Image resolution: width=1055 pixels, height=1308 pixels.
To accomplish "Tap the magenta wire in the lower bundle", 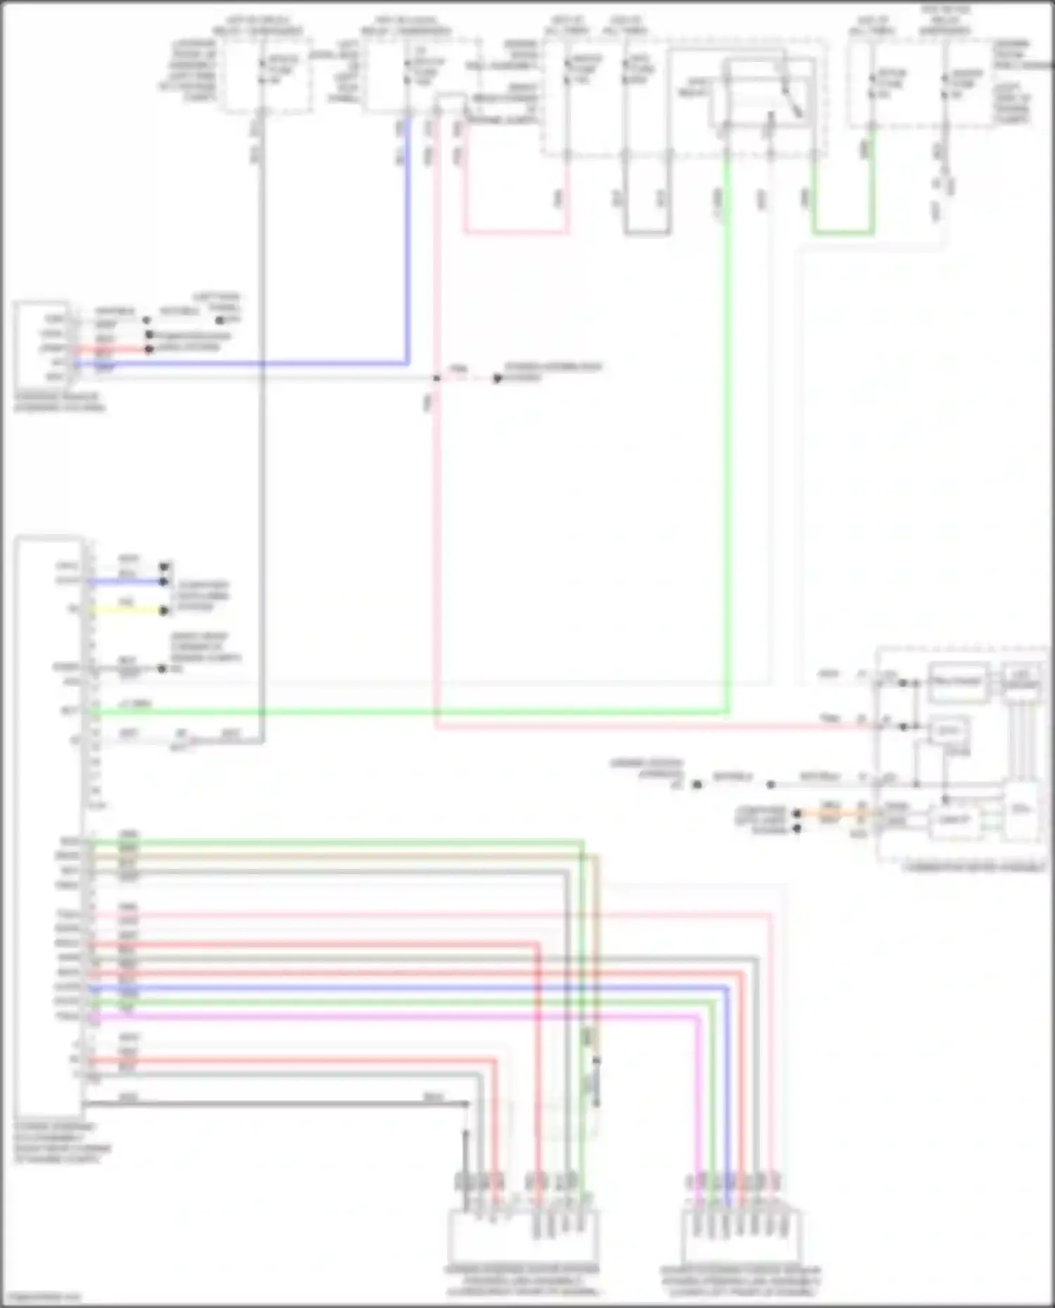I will click(394, 1016).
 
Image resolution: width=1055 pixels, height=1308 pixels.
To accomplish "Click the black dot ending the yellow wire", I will click(164, 611).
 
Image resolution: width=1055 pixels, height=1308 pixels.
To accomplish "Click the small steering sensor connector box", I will click(41, 344).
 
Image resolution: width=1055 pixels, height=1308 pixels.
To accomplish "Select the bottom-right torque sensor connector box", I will click(741, 1236).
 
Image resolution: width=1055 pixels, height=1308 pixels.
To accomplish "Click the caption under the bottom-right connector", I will click(740, 1281).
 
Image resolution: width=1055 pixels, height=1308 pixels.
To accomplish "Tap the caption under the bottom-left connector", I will click(522, 1281).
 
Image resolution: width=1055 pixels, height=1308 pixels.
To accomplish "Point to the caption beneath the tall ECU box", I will click(62, 1143).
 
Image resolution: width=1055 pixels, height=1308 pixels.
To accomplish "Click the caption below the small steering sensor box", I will click(59, 402).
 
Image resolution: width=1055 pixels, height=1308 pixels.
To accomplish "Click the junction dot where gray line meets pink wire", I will click(437, 378).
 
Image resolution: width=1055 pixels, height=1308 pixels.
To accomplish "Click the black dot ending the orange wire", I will click(797, 814).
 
